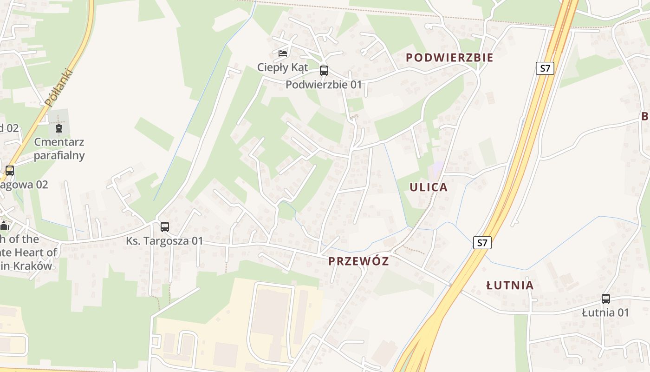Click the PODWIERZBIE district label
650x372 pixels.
tap(449, 58)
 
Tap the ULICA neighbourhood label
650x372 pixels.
tap(429, 187)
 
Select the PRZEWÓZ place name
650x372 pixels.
tap(358, 261)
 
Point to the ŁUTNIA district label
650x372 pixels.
tap(510, 286)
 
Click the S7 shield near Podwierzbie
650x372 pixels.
tap(545, 68)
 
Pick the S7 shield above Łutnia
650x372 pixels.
tap(482, 242)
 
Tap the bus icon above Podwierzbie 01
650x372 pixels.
tap(324, 71)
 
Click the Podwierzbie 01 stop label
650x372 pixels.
tap(323, 85)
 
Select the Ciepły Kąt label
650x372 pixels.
tap(283, 67)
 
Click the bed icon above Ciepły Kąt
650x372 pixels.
tap(283, 53)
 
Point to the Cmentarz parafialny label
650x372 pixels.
tap(59, 148)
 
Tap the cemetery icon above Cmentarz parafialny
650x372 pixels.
tap(59, 128)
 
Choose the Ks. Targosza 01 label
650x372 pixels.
tap(165, 241)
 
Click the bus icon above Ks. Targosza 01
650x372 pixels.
tap(165, 227)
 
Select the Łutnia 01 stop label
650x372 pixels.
tap(605, 312)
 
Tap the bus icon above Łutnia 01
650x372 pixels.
tap(605, 299)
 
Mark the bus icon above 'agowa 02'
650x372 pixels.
tap(10, 171)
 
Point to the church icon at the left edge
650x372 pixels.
tap(5, 226)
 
